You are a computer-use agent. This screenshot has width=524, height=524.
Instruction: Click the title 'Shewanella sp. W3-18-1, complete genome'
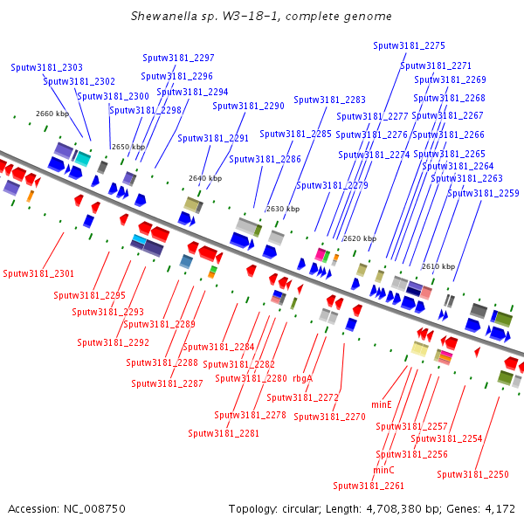tap(261, 16)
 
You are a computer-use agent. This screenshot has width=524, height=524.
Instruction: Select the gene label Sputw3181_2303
tap(46, 67)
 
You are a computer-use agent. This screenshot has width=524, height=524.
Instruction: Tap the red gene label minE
tap(382, 404)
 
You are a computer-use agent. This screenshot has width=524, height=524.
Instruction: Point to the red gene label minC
tap(383, 470)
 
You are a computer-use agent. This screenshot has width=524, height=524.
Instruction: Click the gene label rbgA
tap(302, 379)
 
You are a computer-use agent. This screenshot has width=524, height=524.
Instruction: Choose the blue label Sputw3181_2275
tap(409, 45)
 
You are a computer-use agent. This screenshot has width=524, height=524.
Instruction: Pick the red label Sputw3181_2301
tap(38, 273)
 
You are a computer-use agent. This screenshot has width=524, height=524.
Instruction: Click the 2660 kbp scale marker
tap(52, 114)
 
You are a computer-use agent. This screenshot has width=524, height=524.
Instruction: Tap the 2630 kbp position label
tap(283, 209)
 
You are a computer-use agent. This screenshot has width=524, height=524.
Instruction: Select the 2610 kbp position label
tap(438, 266)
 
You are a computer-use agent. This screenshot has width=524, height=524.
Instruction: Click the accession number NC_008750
tap(94, 508)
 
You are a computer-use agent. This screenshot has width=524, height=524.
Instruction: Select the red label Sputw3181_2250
tap(472, 474)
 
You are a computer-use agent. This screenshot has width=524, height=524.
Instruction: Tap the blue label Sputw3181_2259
tap(483, 193)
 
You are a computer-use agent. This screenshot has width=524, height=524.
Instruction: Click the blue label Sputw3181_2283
tap(329, 100)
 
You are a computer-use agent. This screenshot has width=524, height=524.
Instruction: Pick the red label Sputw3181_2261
tap(369, 486)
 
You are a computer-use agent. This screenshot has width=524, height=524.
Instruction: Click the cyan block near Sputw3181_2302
tap(83, 159)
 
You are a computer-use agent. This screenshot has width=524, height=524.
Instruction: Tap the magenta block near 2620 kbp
tap(321, 255)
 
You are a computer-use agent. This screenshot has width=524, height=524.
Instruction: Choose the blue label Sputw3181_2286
tap(265, 160)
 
